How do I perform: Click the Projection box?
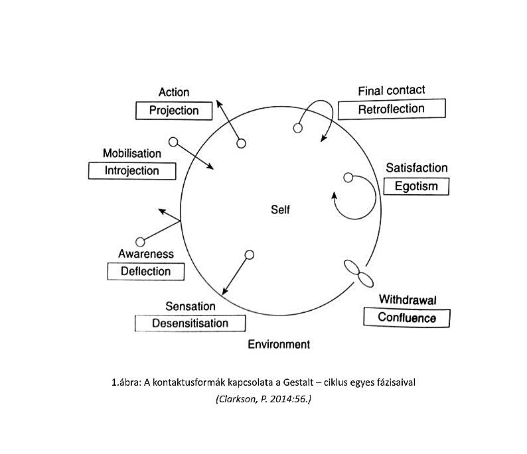174,111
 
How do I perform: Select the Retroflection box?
391,109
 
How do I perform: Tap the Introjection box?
132,171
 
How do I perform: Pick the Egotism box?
416,186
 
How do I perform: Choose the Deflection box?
145,271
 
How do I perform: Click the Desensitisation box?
190,323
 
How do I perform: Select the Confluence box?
407,317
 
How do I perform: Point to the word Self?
280,210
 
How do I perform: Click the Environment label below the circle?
279,345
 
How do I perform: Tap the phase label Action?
174,92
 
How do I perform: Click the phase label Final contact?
392,90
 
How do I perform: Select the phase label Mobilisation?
132,153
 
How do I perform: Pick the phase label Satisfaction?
417,168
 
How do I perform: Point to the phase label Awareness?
146,254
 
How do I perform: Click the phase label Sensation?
190,306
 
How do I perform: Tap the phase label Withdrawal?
408,300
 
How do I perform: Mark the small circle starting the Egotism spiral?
348,177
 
